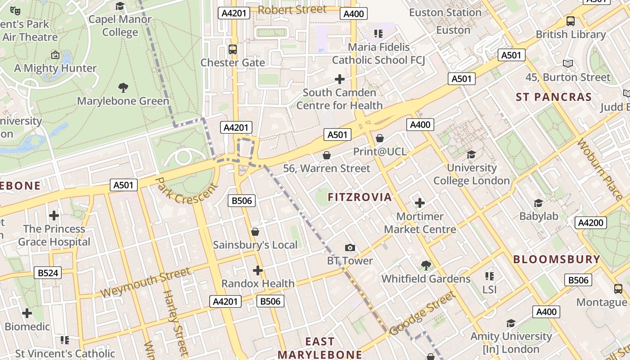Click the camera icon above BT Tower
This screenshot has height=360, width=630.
350,248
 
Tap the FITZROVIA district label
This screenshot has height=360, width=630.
360,197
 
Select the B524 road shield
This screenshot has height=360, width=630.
48,273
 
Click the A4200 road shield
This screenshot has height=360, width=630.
591,223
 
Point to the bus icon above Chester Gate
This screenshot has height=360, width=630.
233,49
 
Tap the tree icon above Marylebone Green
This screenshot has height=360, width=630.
123,87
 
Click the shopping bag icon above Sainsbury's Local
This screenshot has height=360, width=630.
255,232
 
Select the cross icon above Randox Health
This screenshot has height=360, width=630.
258,270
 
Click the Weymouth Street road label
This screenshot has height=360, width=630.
145,283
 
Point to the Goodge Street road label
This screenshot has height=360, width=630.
422,313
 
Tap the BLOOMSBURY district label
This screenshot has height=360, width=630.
557,259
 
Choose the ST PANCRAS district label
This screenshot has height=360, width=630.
553,97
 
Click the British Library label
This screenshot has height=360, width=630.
570,35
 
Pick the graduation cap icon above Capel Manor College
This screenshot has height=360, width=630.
120,6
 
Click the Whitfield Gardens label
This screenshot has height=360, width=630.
426,279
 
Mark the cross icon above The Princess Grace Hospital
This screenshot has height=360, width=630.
54,216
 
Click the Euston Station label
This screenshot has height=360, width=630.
445,13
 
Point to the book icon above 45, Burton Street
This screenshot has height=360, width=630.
568,64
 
